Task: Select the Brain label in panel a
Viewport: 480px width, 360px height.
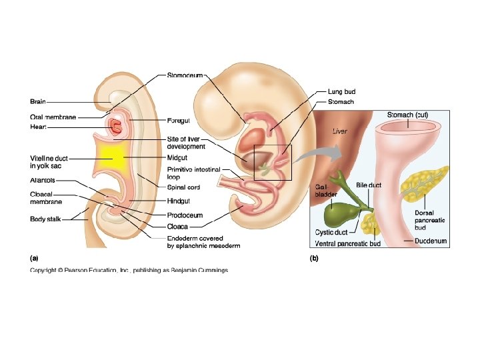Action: tap(38, 102)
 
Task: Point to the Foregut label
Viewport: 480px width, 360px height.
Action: tap(179, 121)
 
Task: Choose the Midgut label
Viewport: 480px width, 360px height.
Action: tap(177, 157)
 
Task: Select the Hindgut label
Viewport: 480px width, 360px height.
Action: tap(178, 201)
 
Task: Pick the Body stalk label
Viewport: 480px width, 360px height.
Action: tap(47, 219)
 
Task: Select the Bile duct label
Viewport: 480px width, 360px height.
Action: tap(368, 185)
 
